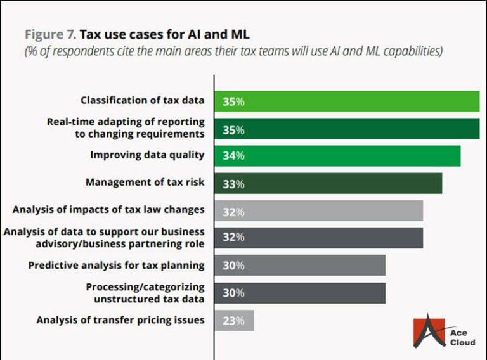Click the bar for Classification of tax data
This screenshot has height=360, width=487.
(x=347, y=101)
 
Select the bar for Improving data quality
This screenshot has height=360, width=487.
(x=337, y=156)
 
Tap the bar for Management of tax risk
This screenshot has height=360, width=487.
(x=328, y=183)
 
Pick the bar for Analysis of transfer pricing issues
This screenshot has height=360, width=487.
(x=234, y=320)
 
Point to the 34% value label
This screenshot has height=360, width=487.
(x=233, y=156)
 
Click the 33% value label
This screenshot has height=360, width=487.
(x=233, y=184)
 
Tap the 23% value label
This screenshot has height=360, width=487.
(x=233, y=321)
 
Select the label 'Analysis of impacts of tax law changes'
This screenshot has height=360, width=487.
(x=108, y=209)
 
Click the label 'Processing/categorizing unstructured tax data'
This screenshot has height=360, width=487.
(x=145, y=293)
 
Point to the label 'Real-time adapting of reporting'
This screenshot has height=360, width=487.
(x=126, y=121)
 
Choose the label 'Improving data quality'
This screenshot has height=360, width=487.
(x=147, y=155)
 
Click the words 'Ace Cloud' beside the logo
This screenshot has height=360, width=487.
(x=462, y=337)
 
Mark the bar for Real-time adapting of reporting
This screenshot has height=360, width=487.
(x=347, y=129)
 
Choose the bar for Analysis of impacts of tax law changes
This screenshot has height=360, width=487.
(x=318, y=210)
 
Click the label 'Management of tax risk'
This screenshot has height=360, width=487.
(x=145, y=182)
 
